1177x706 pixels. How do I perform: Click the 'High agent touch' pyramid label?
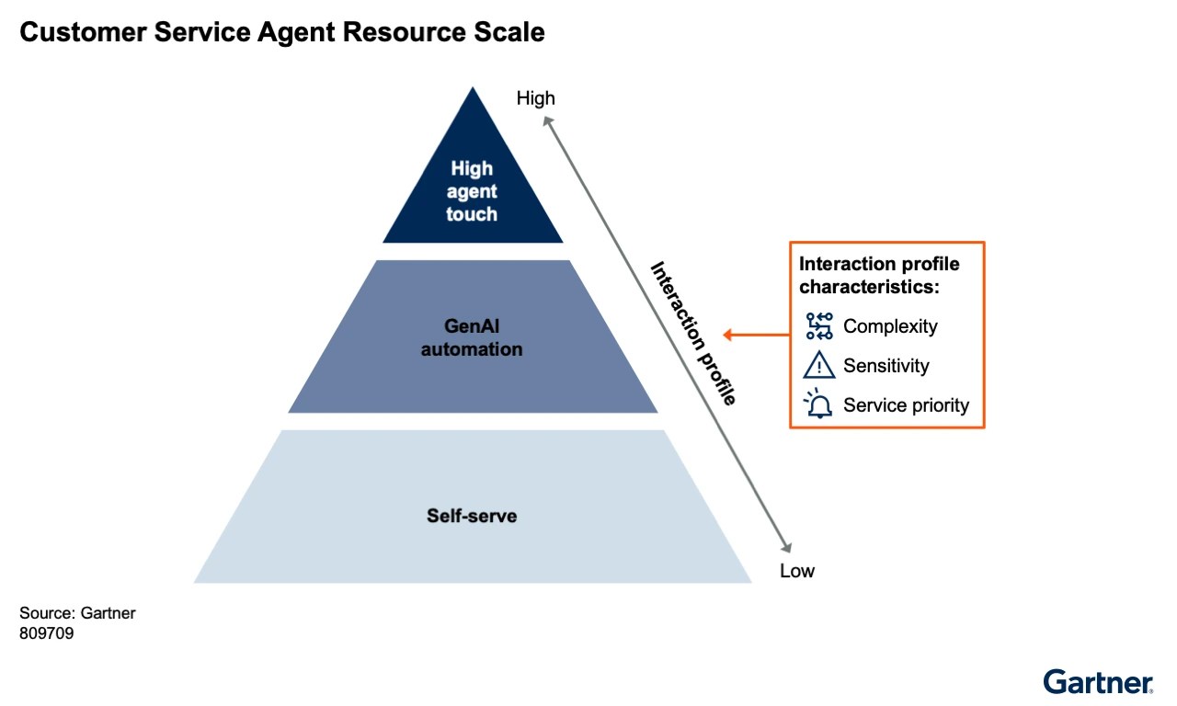(x=472, y=191)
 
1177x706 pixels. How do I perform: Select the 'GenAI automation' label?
(x=472, y=337)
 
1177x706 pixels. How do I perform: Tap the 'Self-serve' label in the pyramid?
(x=472, y=516)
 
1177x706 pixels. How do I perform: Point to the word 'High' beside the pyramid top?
(x=535, y=97)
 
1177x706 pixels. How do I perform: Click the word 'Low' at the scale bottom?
(x=797, y=571)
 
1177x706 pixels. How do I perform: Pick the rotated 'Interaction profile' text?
(x=693, y=333)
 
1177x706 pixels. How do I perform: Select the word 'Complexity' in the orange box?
(x=890, y=326)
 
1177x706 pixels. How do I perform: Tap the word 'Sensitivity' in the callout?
(x=886, y=366)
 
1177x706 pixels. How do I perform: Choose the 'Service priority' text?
(x=906, y=405)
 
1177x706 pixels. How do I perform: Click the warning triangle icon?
(x=818, y=366)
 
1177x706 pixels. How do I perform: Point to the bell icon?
(x=817, y=404)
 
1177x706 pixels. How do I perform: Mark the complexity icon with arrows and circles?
(x=818, y=326)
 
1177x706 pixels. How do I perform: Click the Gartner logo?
(x=1098, y=681)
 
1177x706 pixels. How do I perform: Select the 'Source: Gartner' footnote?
(x=77, y=613)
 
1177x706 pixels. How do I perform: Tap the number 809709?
(x=46, y=632)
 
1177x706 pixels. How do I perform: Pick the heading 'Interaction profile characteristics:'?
(x=879, y=275)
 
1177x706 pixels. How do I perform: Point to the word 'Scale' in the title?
(x=511, y=33)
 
